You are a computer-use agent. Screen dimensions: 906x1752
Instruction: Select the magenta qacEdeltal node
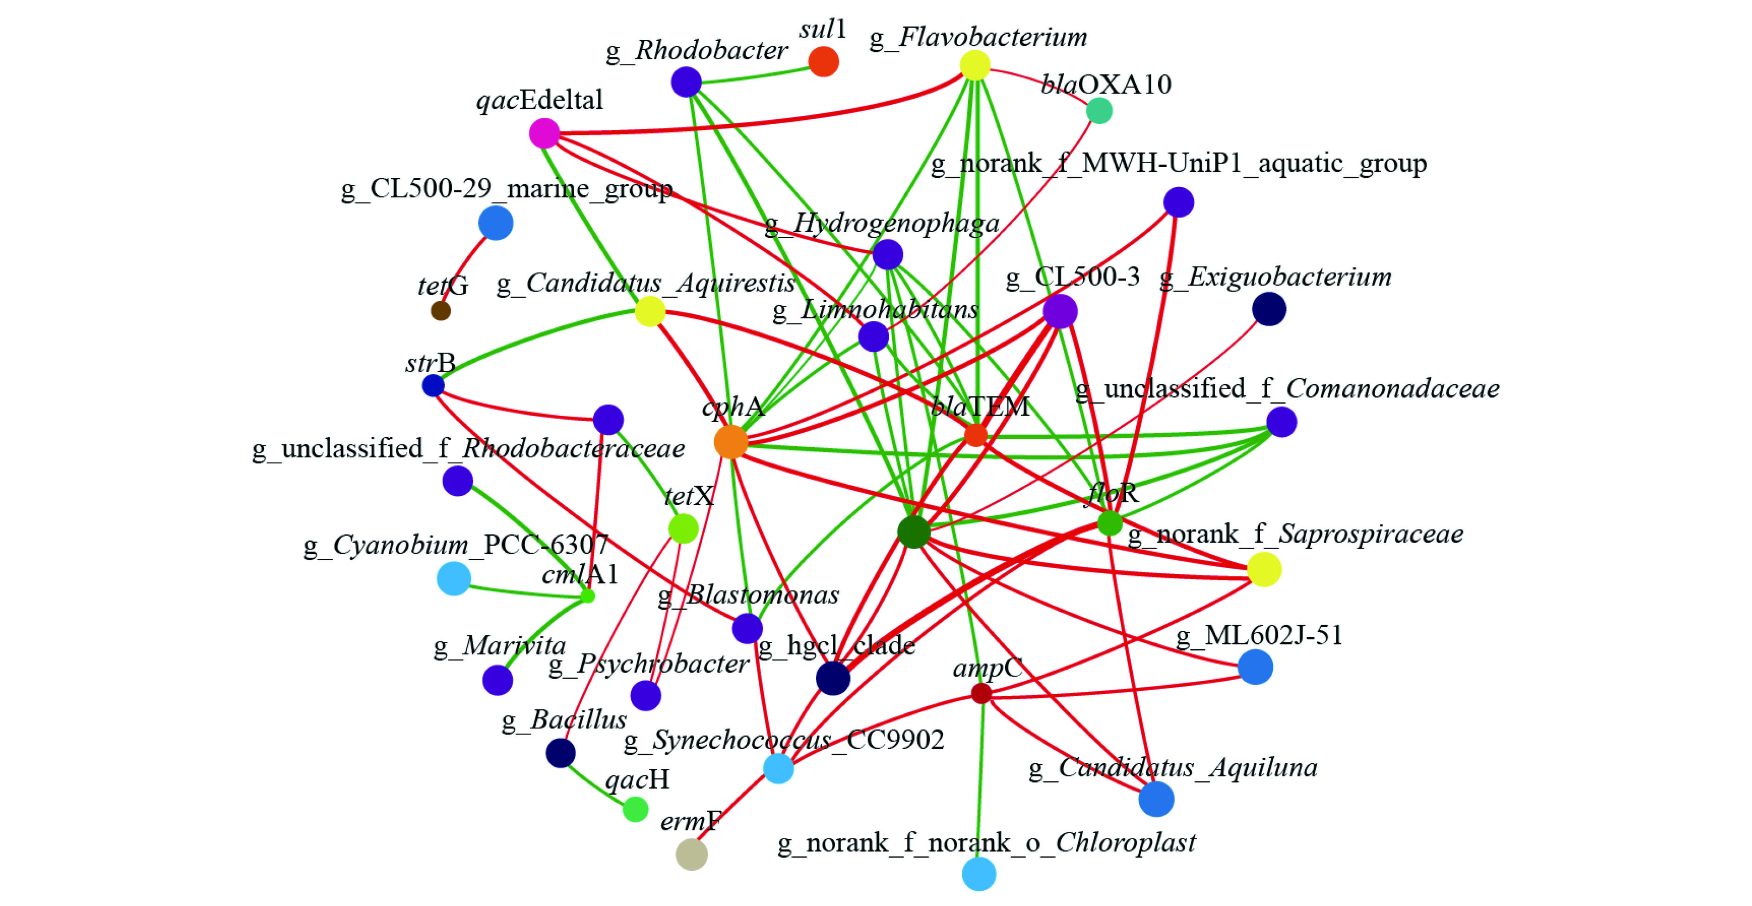click(544, 133)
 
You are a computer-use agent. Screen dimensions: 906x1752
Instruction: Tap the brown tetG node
click(441, 311)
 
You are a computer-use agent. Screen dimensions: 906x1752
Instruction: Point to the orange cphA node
click(731, 442)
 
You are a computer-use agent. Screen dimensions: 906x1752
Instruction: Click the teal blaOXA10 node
click(1099, 110)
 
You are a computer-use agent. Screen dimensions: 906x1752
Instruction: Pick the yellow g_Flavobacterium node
click(975, 65)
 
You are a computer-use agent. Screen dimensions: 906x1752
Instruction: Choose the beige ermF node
click(691, 854)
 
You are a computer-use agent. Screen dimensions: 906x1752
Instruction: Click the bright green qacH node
click(635, 809)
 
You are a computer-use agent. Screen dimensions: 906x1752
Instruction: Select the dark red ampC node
click(981, 693)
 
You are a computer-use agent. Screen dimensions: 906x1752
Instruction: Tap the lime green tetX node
click(683, 528)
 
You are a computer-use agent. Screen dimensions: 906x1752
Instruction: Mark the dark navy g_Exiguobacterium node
click(1269, 310)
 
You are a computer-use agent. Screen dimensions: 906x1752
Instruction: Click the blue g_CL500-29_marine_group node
click(496, 223)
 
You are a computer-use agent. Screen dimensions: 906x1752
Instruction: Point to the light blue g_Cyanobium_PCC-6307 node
click(454, 578)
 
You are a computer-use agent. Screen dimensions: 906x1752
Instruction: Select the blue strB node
click(433, 386)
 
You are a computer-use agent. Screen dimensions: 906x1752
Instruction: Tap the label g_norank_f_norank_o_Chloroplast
click(986, 843)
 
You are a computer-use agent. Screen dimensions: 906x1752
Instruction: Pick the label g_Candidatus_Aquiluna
click(1173, 768)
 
